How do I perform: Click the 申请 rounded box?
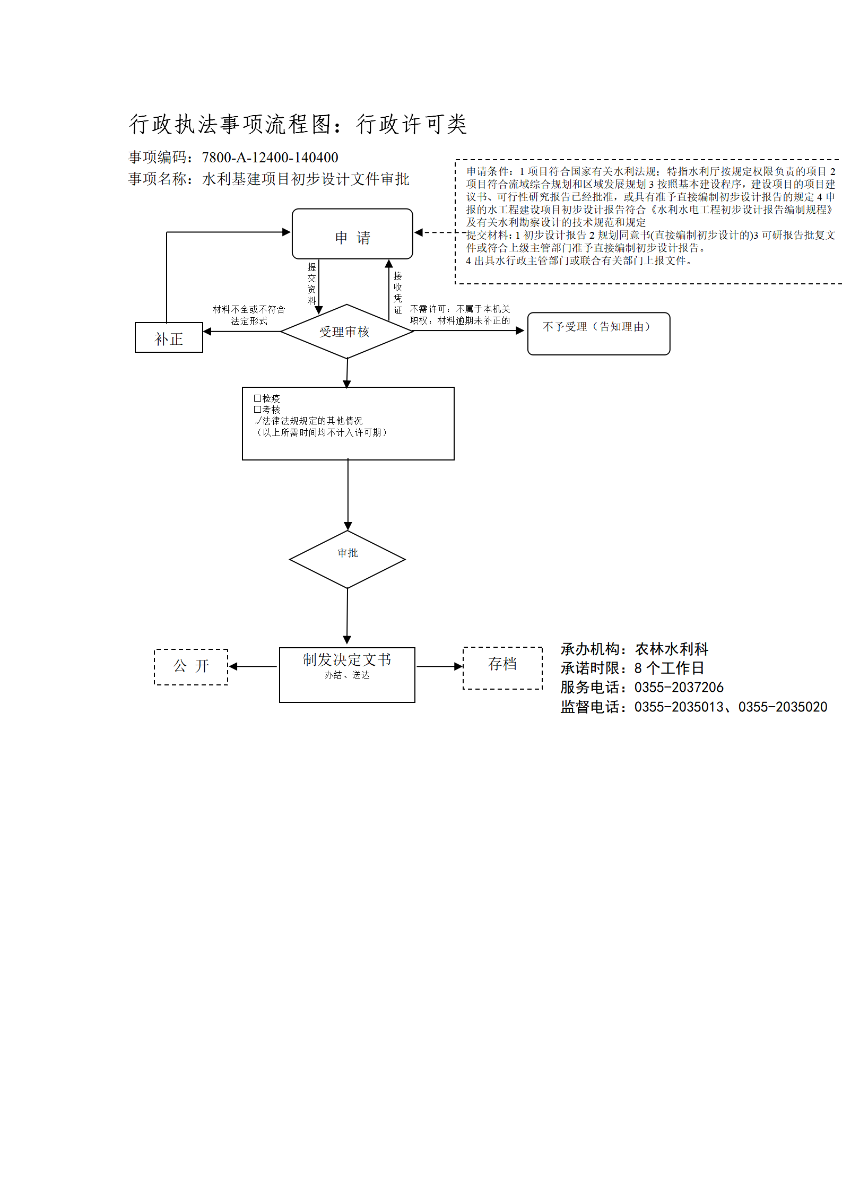[x=352, y=234]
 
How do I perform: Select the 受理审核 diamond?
[x=347, y=332]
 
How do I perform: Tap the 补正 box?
[x=169, y=337]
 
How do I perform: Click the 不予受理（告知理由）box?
[x=598, y=334]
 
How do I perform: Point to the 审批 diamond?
[x=348, y=559]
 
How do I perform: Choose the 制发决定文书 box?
[x=347, y=675]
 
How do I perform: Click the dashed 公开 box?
[x=191, y=667]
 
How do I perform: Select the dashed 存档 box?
[x=502, y=668]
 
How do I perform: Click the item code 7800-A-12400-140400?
[x=270, y=158]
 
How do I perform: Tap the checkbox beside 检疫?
[x=257, y=398]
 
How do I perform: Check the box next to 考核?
[x=257, y=409]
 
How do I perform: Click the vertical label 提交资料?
[x=311, y=283]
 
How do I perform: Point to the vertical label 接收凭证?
[x=397, y=292]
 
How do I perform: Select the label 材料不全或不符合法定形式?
[x=249, y=315]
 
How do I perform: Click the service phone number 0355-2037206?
[x=679, y=688]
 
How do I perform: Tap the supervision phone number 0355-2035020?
[x=783, y=707]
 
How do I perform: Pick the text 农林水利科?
[x=672, y=649]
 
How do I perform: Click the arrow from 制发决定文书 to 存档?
[x=439, y=666]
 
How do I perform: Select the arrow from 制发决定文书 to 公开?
[x=253, y=666]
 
